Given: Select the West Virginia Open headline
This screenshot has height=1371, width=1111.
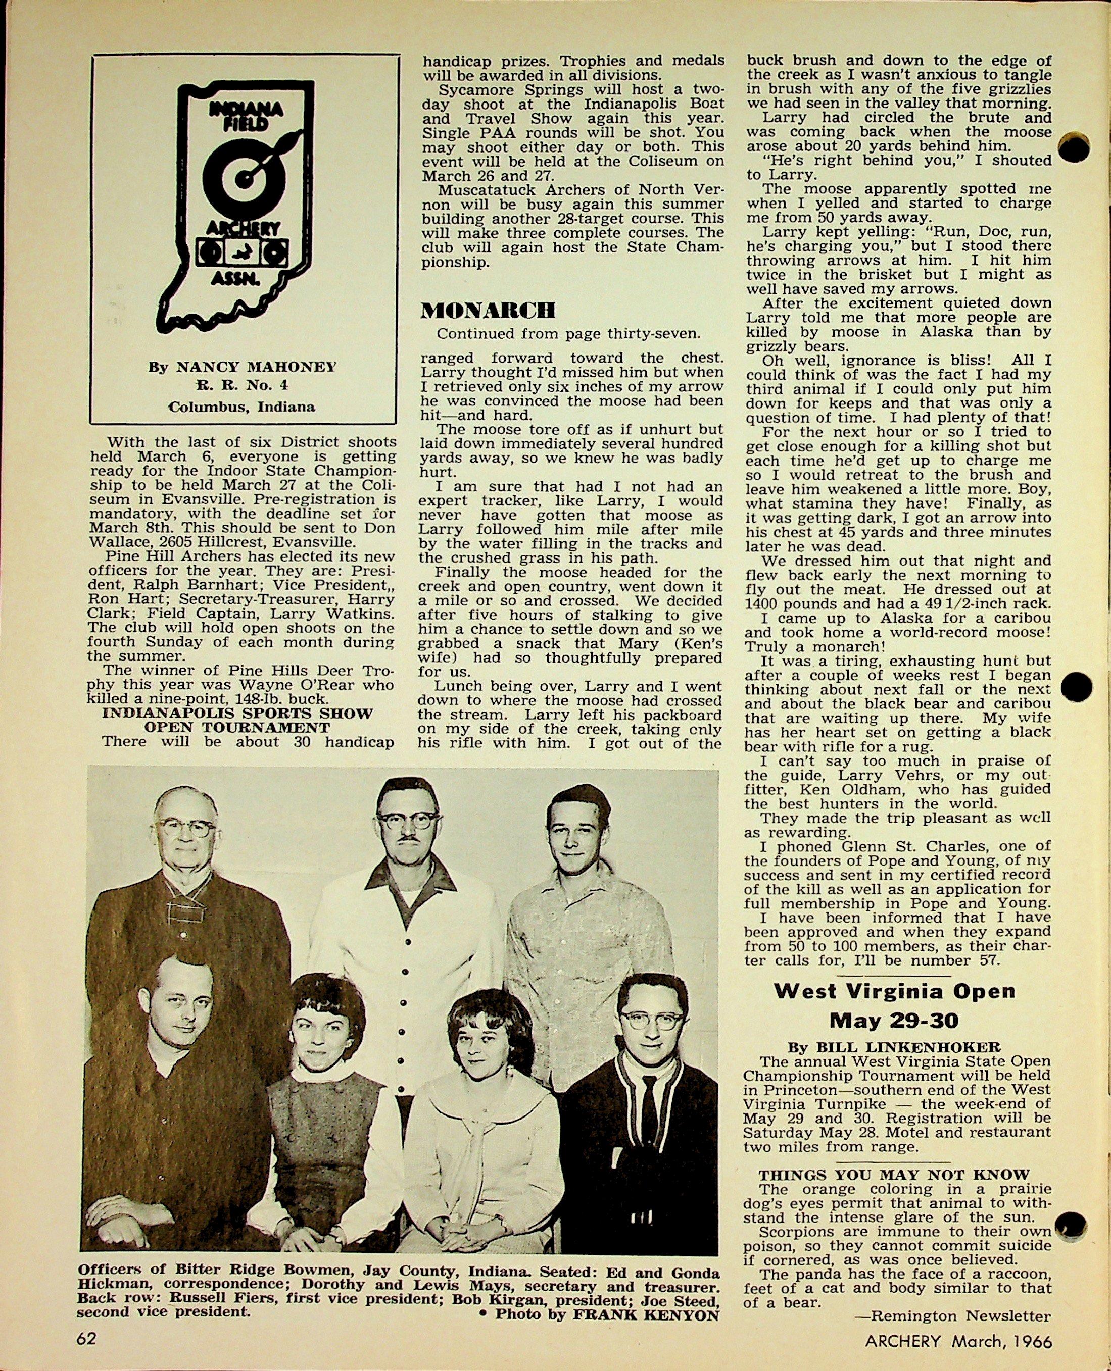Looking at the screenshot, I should pos(895,991).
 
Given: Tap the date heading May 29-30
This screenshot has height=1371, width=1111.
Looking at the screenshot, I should pos(895,1020).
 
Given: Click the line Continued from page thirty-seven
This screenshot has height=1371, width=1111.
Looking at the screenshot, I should pos(568,333).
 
